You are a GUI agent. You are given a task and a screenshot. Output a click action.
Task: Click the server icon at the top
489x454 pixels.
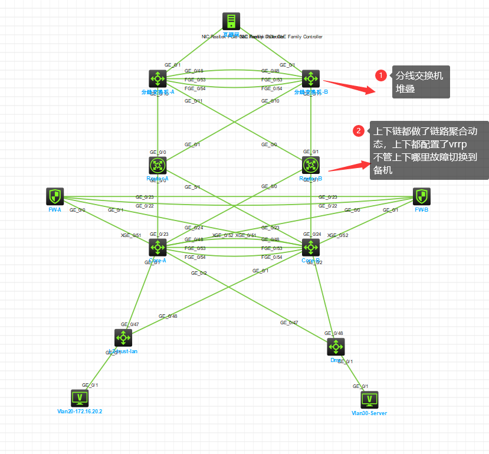click(x=231, y=21)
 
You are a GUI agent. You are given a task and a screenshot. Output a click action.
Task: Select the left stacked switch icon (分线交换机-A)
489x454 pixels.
click(x=158, y=78)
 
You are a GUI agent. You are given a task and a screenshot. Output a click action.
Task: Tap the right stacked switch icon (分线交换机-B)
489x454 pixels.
click(x=311, y=78)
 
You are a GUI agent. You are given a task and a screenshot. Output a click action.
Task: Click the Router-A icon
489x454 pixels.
click(x=158, y=165)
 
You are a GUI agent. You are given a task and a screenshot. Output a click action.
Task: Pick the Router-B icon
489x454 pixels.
click(x=311, y=165)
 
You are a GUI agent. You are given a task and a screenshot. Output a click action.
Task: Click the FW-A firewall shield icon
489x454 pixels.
click(x=55, y=197)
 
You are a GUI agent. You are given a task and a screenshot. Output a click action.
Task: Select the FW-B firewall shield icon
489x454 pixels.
click(x=421, y=197)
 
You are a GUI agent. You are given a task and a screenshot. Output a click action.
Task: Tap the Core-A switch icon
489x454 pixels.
click(x=158, y=248)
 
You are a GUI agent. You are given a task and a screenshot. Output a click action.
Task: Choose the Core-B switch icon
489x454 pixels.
click(x=311, y=248)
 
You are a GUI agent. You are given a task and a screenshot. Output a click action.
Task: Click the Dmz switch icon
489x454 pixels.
click(x=336, y=347)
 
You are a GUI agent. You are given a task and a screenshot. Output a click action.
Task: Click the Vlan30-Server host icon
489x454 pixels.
click(x=369, y=400)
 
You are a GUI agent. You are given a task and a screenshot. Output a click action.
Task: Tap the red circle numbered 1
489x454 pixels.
click(x=382, y=75)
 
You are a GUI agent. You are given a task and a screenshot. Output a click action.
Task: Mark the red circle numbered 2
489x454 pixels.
click(x=358, y=131)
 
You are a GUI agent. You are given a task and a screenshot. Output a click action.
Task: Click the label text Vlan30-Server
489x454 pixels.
click(x=369, y=413)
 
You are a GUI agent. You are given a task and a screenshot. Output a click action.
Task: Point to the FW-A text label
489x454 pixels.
click(x=55, y=210)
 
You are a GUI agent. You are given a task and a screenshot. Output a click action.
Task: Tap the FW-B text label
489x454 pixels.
click(x=421, y=210)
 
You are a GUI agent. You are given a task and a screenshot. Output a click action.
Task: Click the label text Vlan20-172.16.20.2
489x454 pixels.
click(x=79, y=412)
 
